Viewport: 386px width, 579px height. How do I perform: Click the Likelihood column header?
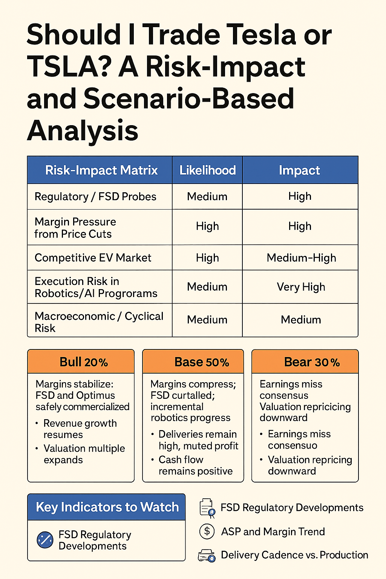point(207,170)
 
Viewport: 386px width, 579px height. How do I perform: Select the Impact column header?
point(300,170)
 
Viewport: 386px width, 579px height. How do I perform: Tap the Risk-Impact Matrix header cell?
point(101,170)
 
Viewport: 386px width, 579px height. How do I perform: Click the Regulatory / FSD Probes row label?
point(95,196)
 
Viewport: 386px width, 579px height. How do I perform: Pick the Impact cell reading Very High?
point(301,287)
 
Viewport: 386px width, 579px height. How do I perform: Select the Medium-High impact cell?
point(301,258)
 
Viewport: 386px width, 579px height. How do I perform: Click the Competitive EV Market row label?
point(93,258)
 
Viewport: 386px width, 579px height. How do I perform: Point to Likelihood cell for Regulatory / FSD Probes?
point(207,196)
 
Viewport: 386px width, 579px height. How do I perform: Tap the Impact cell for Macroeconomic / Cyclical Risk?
point(301,320)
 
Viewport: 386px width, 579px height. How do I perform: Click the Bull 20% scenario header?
point(83,362)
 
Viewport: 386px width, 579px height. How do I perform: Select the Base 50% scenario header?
point(202,362)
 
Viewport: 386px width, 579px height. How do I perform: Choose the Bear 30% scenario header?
point(311,362)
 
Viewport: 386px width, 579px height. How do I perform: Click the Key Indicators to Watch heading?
point(107,507)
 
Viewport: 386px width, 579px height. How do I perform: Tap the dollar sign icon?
point(207,532)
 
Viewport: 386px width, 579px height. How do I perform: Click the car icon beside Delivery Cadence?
point(207,556)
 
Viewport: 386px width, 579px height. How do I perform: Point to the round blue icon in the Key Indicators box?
point(45,540)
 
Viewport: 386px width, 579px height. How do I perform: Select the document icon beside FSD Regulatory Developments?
point(207,507)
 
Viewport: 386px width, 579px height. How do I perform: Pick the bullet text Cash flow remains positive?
point(195,466)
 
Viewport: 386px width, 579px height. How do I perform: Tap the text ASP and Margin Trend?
point(273,532)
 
